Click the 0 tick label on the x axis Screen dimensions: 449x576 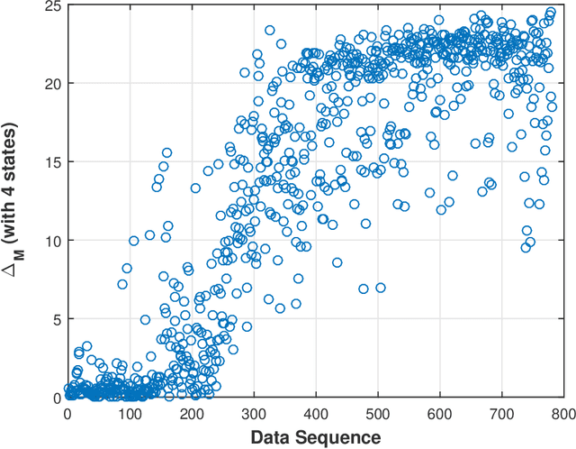click(67, 412)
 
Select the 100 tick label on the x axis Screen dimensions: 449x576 click(130, 412)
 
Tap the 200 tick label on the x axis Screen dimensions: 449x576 click(192, 412)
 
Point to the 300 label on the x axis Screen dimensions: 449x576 click(254, 412)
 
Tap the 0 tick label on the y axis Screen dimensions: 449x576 click(56, 398)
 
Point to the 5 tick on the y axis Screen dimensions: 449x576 click(56, 319)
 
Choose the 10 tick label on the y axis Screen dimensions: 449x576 click(52, 241)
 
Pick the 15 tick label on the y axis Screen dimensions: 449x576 click(52, 162)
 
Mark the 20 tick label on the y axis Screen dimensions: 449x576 click(52, 84)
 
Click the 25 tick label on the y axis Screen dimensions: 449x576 click(52, 5)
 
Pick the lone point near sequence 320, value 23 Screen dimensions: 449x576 click(269, 31)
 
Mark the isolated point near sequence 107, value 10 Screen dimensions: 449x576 click(134, 241)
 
